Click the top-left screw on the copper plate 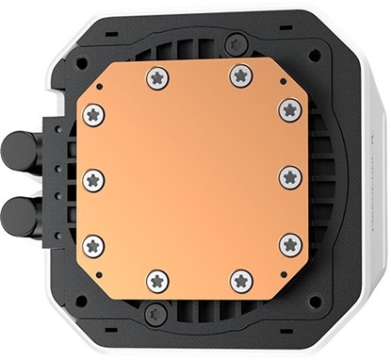(x=157, y=77)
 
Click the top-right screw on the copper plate (x=241, y=74)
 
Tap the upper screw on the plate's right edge (x=290, y=109)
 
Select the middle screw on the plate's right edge (x=290, y=176)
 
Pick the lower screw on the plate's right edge (x=290, y=244)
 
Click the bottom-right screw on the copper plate (x=242, y=280)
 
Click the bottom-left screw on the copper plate (x=158, y=280)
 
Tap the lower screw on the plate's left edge (x=93, y=246)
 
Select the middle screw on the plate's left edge (x=92, y=179)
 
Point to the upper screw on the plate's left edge (x=92, y=115)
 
